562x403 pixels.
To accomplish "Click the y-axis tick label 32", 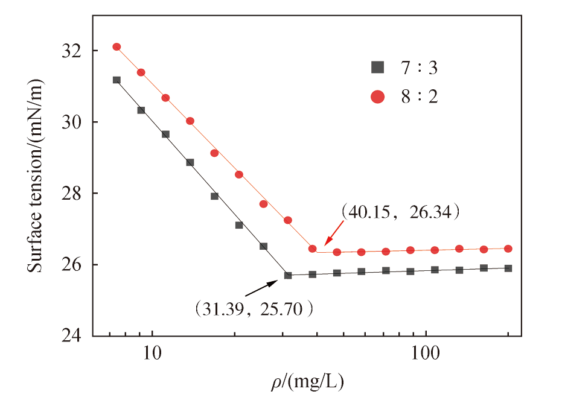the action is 72,51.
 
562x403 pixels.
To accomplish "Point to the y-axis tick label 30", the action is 72,122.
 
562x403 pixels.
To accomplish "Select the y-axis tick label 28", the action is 72,194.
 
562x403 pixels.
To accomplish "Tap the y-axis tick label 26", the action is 72,265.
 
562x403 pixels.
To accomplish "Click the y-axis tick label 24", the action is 72,336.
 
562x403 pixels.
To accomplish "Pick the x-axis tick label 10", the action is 152,353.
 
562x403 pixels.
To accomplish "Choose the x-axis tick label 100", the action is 426,353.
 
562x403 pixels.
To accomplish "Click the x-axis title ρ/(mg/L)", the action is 307,382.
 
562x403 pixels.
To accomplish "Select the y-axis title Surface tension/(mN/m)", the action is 35,176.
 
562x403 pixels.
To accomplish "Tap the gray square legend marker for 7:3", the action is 377,68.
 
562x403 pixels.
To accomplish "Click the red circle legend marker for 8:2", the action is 377,97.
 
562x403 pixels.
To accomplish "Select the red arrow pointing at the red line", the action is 334,233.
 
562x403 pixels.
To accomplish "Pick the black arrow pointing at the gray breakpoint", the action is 261,288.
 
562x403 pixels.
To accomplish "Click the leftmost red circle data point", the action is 117,47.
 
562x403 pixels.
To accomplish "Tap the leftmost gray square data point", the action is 117,80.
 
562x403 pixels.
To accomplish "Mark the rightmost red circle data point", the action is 508,249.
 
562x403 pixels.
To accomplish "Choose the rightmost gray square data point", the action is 508,268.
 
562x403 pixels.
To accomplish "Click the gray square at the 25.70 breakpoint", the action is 288,276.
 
